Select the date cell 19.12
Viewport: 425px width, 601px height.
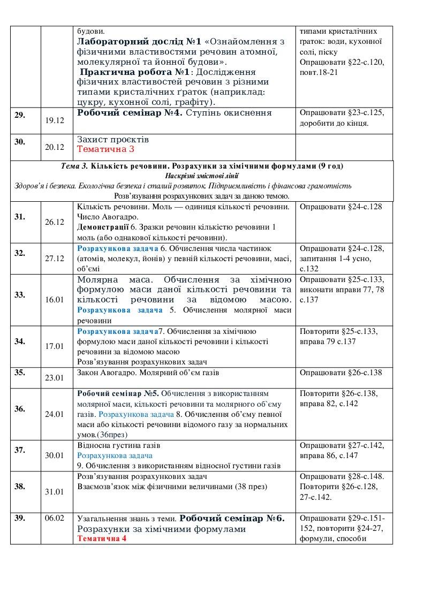point(55,121)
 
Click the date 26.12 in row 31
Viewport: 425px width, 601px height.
point(55,222)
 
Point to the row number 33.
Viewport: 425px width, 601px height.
point(19,294)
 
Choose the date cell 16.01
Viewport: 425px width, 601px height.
point(55,300)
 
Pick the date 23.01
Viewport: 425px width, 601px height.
point(55,377)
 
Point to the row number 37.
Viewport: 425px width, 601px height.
point(19,450)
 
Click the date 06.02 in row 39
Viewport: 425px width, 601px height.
point(55,518)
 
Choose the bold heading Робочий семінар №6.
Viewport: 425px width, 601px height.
point(232,519)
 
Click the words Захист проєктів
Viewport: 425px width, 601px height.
point(113,140)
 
